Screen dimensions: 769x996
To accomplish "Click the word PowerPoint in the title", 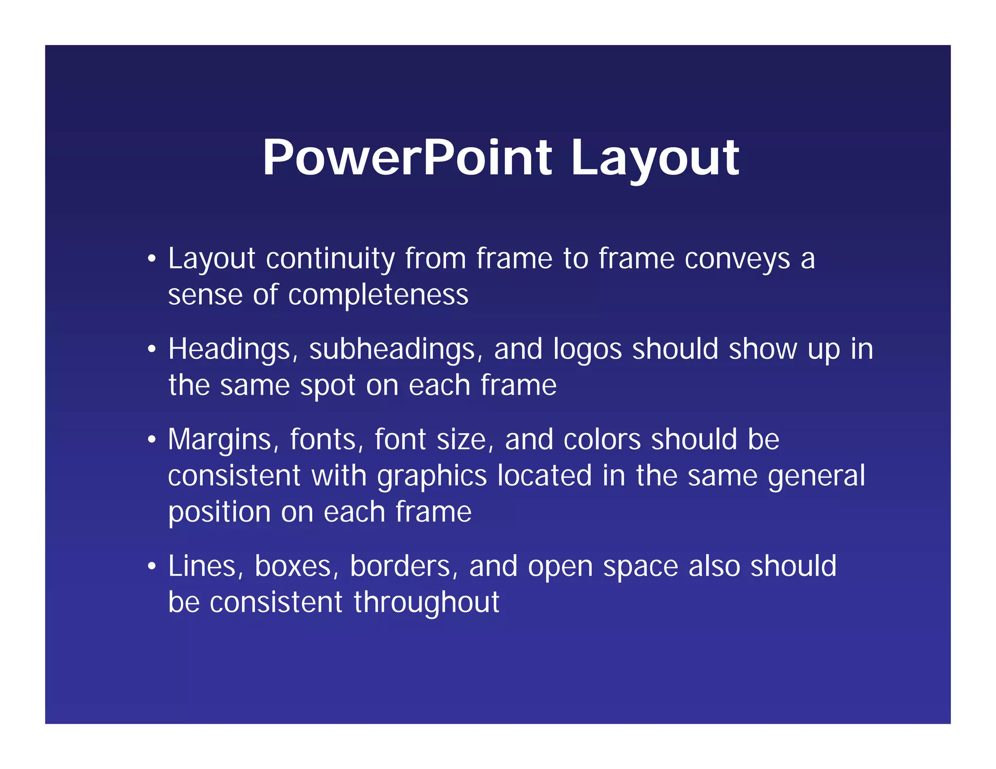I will [x=407, y=157].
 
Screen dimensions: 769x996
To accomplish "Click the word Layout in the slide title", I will [x=655, y=157].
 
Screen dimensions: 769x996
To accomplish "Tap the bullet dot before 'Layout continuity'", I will [x=152, y=259].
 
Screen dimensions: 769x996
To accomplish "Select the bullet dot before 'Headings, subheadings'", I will [x=152, y=350].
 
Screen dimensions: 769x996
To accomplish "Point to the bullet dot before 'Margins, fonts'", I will [x=152, y=440].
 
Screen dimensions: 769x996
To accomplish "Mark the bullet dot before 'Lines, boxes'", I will [x=152, y=566].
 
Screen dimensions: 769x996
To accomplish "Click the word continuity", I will [x=330, y=258].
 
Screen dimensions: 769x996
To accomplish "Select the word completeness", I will [x=378, y=295].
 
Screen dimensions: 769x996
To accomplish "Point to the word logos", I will [x=587, y=350].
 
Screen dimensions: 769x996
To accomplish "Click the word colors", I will [x=602, y=439].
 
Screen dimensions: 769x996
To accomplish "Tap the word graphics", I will [x=432, y=476].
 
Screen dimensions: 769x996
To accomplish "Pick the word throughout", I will [x=426, y=603].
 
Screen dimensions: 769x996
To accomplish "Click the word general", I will [x=817, y=476].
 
